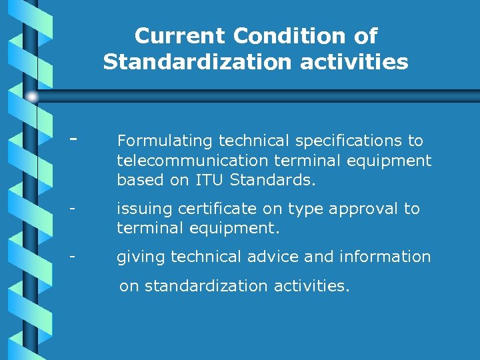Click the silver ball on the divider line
(32, 97)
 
